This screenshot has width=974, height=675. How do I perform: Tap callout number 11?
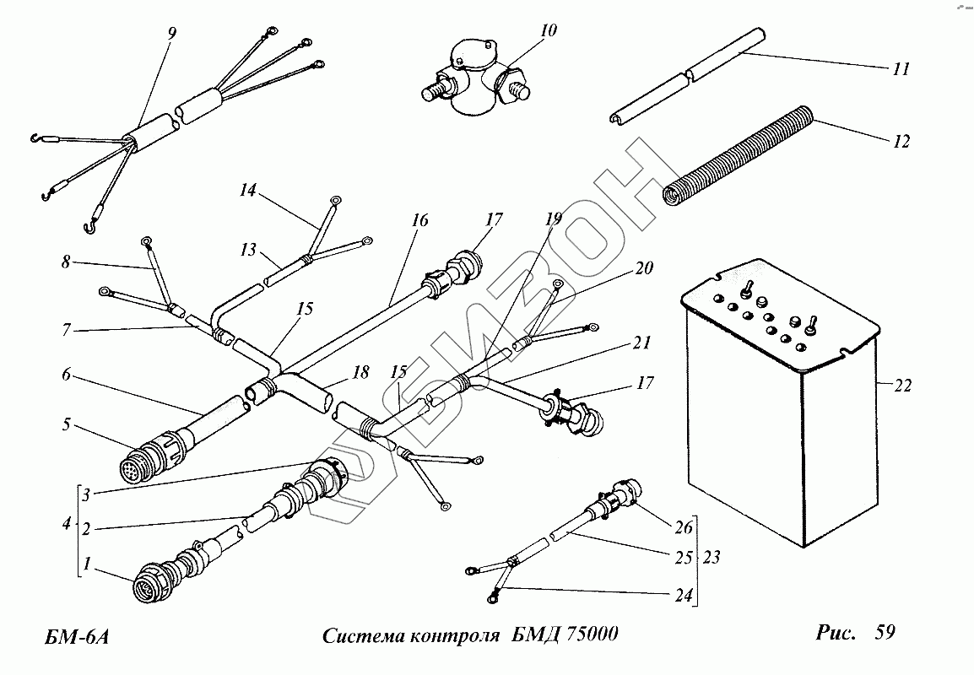click(901, 69)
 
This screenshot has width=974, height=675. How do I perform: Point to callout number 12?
click(901, 141)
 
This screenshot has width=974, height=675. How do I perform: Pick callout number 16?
click(419, 221)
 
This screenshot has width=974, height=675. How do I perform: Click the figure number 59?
click(885, 633)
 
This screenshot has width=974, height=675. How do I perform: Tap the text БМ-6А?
click(77, 635)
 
